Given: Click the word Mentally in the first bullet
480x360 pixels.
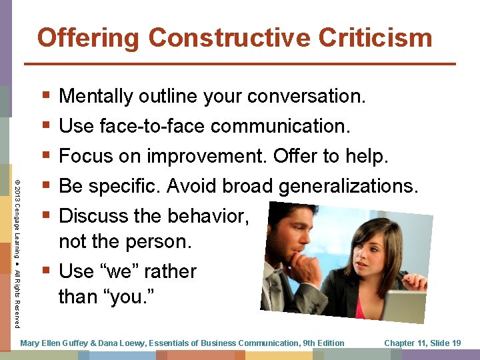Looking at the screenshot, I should click(x=96, y=97).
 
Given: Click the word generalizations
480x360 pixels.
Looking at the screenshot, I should click(x=348, y=186).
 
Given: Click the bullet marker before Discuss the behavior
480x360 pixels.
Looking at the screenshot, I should click(x=45, y=216).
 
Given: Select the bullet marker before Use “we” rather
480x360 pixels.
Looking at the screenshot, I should click(x=45, y=271).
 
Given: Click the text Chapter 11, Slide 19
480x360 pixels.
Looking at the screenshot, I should click(x=423, y=343).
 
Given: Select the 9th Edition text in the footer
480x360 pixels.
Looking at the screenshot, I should click(x=323, y=343).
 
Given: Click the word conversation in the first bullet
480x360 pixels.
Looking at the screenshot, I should click(x=306, y=97).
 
